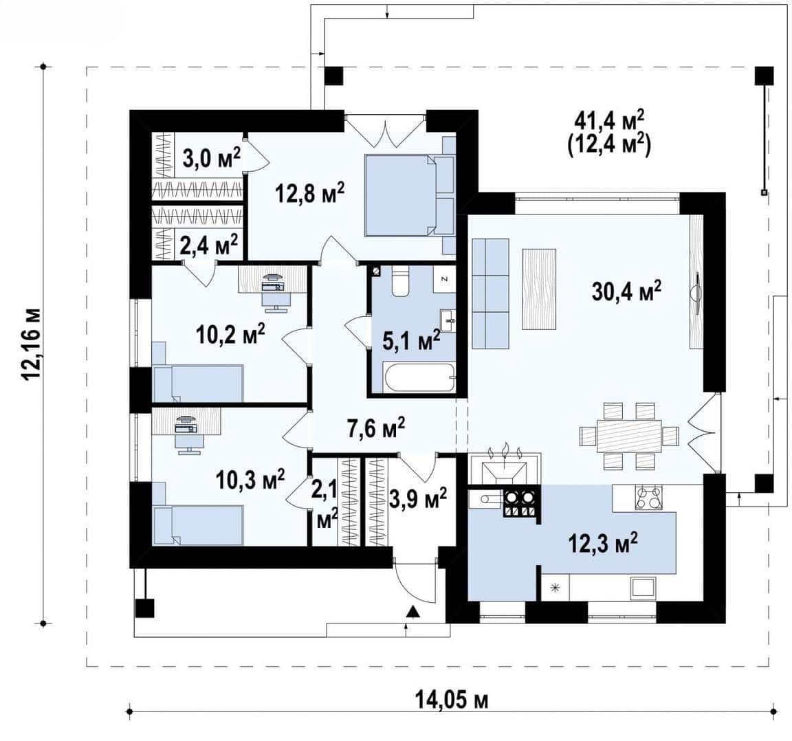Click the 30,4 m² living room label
pyautogui.click(x=626, y=291)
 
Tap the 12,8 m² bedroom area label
pyautogui.click(x=310, y=192)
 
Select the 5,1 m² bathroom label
pyautogui.click(x=412, y=341)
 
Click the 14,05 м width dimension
pyautogui.click(x=452, y=700)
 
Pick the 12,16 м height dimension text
pyautogui.click(x=31, y=342)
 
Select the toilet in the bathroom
pyautogui.click(x=401, y=281)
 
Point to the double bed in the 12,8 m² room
pyautogui.click(x=404, y=195)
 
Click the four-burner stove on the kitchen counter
pyautogui.click(x=648, y=497)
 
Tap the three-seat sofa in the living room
pyautogui.click(x=490, y=293)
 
